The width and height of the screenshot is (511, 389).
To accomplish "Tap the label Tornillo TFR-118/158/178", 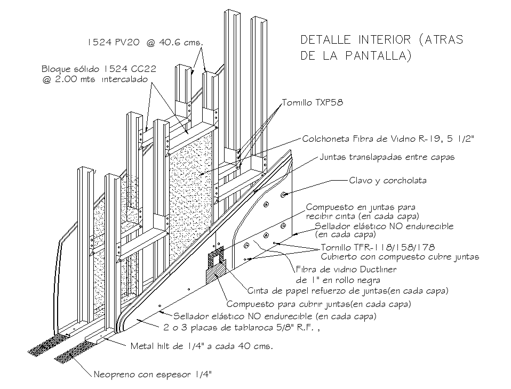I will pyautogui.click(x=378, y=248).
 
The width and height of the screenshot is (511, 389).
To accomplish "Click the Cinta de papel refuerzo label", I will pyautogui.click(x=348, y=291).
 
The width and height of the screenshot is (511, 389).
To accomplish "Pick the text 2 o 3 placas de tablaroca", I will pyautogui.click(x=242, y=327).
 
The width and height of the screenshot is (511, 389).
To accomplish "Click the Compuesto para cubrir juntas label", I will pyautogui.click(x=319, y=304).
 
